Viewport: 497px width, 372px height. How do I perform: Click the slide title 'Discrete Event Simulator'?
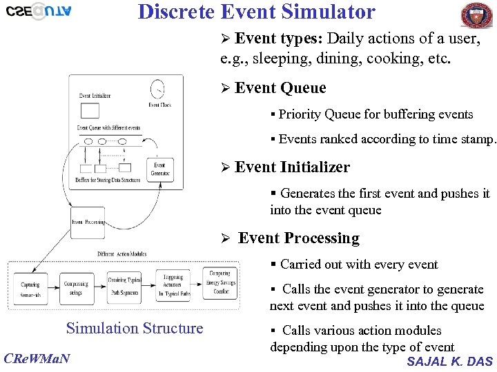(x=256, y=12)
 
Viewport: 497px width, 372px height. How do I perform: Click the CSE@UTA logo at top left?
(x=38, y=12)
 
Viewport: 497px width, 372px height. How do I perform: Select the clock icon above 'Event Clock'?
(x=158, y=89)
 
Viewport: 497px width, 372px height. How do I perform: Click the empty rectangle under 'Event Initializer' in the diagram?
(x=90, y=110)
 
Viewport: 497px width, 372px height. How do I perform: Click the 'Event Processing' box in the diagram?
(x=88, y=222)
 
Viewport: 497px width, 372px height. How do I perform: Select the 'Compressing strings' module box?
(x=76, y=289)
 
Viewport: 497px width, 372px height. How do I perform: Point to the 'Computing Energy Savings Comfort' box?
(x=220, y=282)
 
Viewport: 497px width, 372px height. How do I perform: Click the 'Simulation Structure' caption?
(x=135, y=329)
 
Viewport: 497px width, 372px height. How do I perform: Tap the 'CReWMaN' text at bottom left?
(x=36, y=358)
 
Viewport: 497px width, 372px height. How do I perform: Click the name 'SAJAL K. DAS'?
(x=450, y=361)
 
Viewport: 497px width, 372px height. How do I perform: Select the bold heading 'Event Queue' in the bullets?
(x=280, y=88)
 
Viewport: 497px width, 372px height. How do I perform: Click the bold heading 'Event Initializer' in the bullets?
(x=292, y=167)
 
